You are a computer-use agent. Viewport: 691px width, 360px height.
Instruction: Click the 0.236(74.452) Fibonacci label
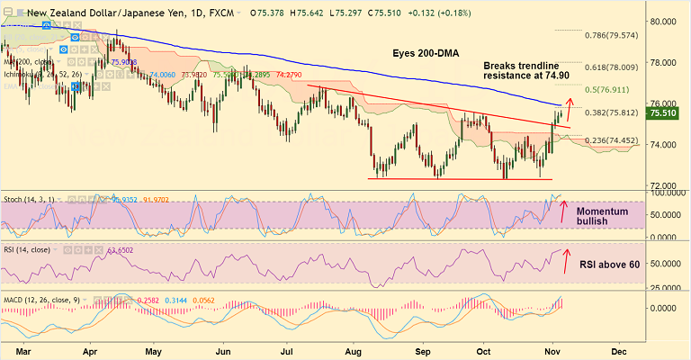pyautogui.click(x=612, y=140)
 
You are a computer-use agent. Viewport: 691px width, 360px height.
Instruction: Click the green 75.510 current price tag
pyautogui.click(x=669, y=114)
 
